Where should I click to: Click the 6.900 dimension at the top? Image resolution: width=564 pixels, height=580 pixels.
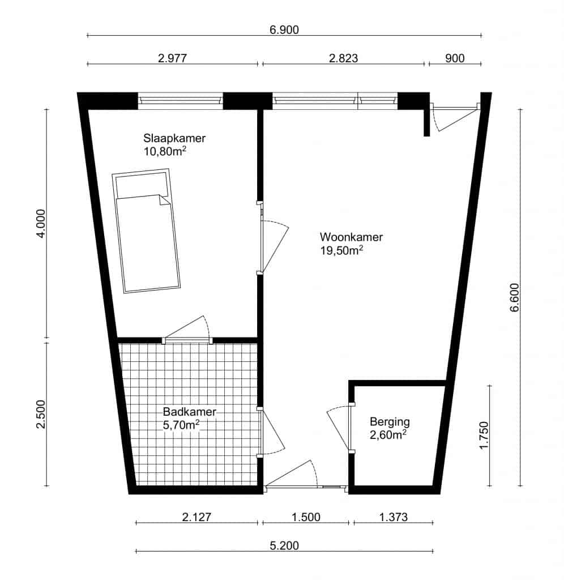tap(284, 29)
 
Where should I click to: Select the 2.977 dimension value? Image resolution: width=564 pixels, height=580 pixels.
tap(172, 58)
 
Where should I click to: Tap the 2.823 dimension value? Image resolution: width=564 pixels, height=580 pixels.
tap(344, 58)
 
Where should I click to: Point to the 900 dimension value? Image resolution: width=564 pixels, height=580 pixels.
tap(455, 58)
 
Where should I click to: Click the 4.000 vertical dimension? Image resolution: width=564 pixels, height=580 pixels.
tap(41, 224)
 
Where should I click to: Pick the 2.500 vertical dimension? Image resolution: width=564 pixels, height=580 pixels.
tap(41, 414)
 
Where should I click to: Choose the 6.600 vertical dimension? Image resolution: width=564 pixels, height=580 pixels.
tap(514, 298)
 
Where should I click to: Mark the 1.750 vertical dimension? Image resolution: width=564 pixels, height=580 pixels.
tap(484, 436)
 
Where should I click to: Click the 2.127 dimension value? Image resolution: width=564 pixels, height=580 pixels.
tap(196, 517)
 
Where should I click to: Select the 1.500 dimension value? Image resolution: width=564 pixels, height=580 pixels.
tap(306, 517)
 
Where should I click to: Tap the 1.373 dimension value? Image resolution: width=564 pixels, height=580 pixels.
tap(393, 517)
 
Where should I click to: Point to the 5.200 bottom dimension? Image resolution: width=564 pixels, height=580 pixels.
tap(284, 545)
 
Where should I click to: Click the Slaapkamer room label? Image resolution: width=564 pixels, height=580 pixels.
tap(174, 138)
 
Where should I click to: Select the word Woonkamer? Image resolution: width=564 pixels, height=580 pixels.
tap(351, 237)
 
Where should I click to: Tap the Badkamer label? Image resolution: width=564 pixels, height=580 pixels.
tap(189, 412)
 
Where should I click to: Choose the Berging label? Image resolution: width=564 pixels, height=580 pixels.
tap(390, 422)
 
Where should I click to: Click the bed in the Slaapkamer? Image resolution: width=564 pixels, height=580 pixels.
tap(147, 231)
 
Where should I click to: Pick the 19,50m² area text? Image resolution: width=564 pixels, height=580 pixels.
tap(341, 251)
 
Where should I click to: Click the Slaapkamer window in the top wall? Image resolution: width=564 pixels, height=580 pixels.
tap(181, 101)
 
